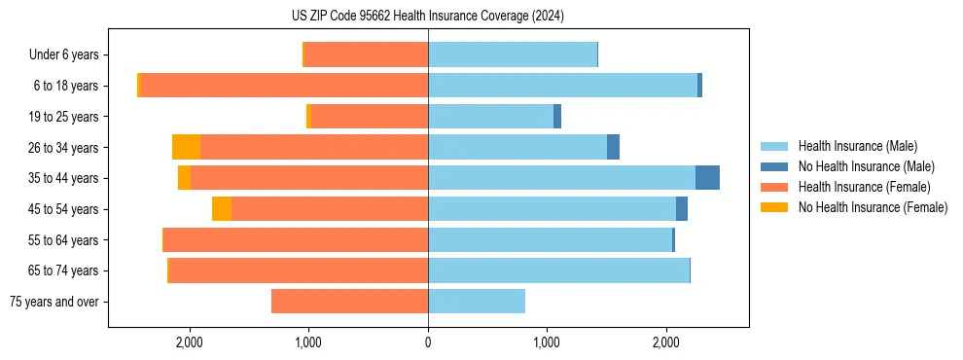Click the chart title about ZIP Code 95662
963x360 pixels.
pos(427,16)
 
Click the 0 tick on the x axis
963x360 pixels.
pos(428,342)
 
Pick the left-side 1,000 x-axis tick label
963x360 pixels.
pos(308,342)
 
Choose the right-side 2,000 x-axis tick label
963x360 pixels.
pos(665,342)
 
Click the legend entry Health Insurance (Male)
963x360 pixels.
pos(857,146)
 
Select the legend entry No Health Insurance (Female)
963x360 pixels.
pos(873,207)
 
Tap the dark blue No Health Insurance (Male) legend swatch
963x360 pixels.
pos(774,166)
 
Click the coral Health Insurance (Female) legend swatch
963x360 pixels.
pos(774,187)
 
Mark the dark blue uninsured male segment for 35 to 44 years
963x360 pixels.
pos(707,178)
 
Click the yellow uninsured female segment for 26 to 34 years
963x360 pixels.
pos(186,147)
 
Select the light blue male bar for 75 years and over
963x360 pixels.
pos(477,302)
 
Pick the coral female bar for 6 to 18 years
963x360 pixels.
pos(284,86)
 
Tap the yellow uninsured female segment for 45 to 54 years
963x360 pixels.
pos(222,209)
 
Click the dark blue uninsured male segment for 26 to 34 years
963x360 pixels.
pos(613,147)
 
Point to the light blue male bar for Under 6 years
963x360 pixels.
pos(513,54)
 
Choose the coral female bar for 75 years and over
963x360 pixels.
pos(349,302)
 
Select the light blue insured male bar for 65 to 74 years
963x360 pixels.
pos(558,270)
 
